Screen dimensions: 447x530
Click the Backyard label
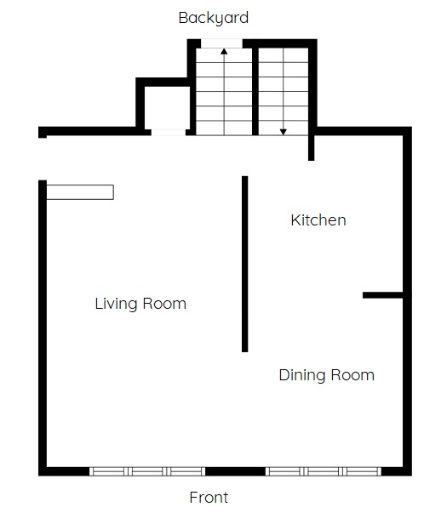click(214, 18)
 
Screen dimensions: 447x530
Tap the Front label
click(209, 498)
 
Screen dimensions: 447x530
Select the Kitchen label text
click(318, 220)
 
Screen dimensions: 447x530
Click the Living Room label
click(140, 304)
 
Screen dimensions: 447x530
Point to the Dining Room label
click(327, 375)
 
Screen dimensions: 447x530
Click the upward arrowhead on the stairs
click(224, 51)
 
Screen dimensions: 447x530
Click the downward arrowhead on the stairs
click(284, 132)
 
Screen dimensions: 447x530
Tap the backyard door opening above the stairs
click(221, 43)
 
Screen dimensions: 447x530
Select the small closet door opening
click(169, 132)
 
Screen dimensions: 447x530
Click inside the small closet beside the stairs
click(167, 107)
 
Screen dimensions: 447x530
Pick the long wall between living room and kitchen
click(244, 264)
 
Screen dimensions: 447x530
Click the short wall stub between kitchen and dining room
click(382, 295)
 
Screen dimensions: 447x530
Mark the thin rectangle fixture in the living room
click(80, 192)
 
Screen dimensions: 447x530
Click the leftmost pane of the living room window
click(109, 471)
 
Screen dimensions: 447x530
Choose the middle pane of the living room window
click(147, 471)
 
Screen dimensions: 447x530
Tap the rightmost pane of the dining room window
click(362, 471)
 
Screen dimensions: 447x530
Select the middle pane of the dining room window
click(324, 471)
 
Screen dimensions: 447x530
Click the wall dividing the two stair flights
click(255, 91)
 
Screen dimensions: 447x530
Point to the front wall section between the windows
click(235, 471)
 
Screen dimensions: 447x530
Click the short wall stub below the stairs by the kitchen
click(311, 148)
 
